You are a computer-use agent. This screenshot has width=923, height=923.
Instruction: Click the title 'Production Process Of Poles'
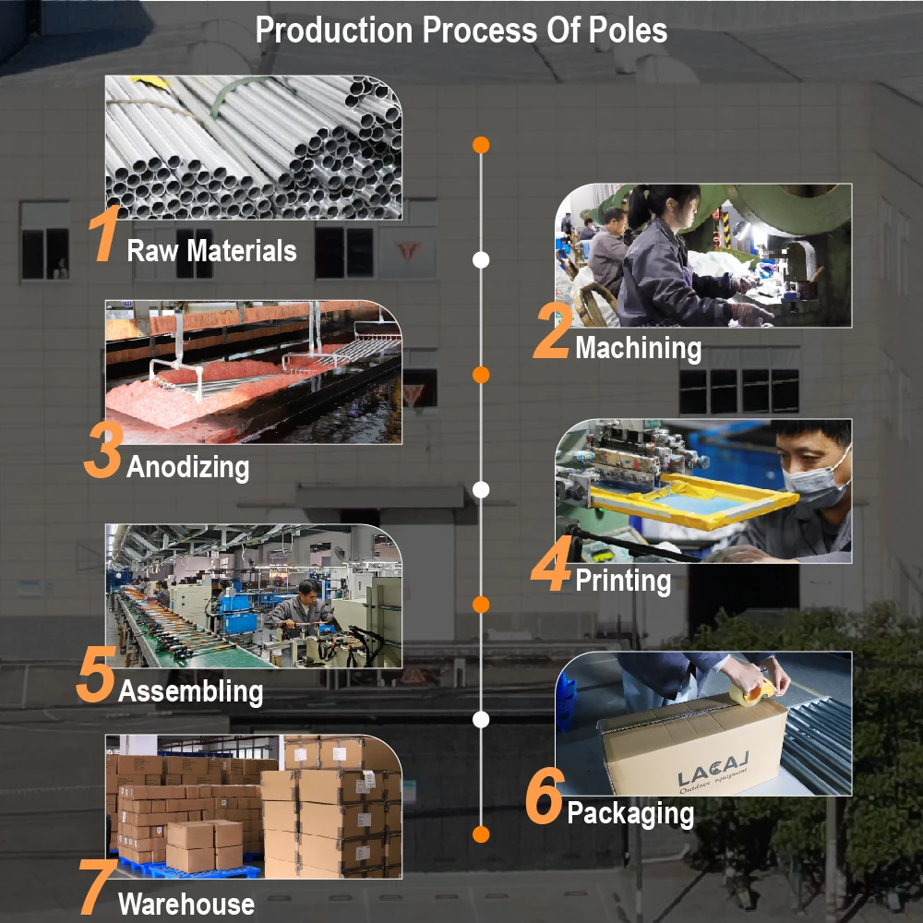click(x=461, y=30)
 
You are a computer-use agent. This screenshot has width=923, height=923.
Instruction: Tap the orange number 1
click(x=105, y=237)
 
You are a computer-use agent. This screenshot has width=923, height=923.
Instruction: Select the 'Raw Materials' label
click(x=211, y=250)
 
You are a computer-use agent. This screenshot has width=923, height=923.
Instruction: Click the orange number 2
click(x=552, y=335)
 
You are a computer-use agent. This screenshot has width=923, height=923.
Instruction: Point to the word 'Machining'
click(x=638, y=348)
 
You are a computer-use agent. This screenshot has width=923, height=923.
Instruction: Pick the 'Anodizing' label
click(x=187, y=466)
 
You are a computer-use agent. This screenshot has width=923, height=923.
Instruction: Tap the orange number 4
click(x=551, y=569)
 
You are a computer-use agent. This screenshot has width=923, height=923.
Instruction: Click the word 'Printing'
click(x=623, y=581)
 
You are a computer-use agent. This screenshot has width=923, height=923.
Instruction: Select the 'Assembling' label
click(x=190, y=690)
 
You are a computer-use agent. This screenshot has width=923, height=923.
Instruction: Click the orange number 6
click(x=544, y=799)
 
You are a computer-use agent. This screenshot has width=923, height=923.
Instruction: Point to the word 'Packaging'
click(x=630, y=813)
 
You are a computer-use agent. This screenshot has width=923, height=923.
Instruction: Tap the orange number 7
click(x=96, y=888)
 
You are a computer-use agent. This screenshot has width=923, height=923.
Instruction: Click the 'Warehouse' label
click(x=186, y=904)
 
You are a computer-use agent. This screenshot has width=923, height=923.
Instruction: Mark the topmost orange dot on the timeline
click(x=480, y=145)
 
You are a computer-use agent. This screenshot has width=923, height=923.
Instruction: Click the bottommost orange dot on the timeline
click(x=480, y=834)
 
